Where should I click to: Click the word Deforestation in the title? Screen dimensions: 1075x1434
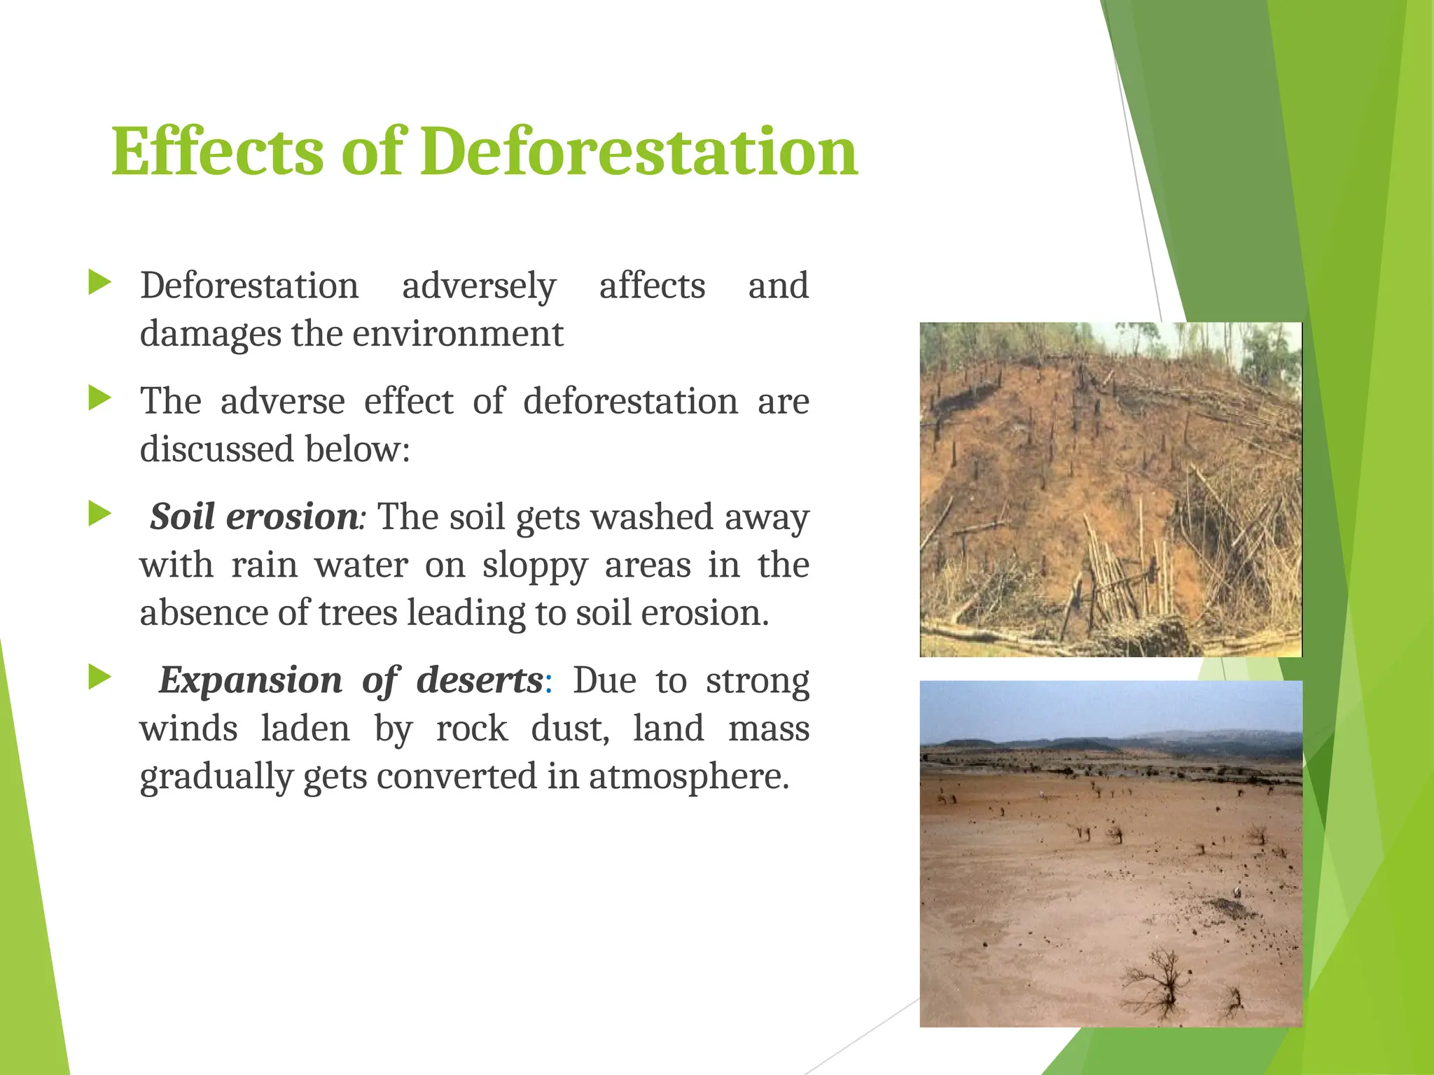pos(639,152)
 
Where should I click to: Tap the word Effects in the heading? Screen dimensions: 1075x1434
pos(217,152)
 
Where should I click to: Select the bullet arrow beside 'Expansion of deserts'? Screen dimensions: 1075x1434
pos(100,677)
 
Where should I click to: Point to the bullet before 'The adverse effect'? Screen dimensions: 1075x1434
pos(100,399)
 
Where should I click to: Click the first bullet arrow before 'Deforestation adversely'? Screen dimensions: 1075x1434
pos(100,283)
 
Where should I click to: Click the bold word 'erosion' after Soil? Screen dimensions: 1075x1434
pos(292,517)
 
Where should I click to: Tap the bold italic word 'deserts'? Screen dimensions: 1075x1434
pos(479,680)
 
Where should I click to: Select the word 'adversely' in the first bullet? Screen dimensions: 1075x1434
pos(479,286)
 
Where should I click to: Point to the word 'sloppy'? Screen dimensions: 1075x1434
pos(535,565)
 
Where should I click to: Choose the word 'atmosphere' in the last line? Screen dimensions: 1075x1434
pos(689,776)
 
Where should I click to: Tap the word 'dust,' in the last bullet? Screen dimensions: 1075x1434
pos(571,729)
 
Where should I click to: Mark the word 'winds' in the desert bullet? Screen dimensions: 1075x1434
pos(188,729)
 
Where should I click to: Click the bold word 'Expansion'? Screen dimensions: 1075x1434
pos(251,680)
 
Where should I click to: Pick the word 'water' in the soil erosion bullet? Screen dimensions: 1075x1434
pos(361,565)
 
